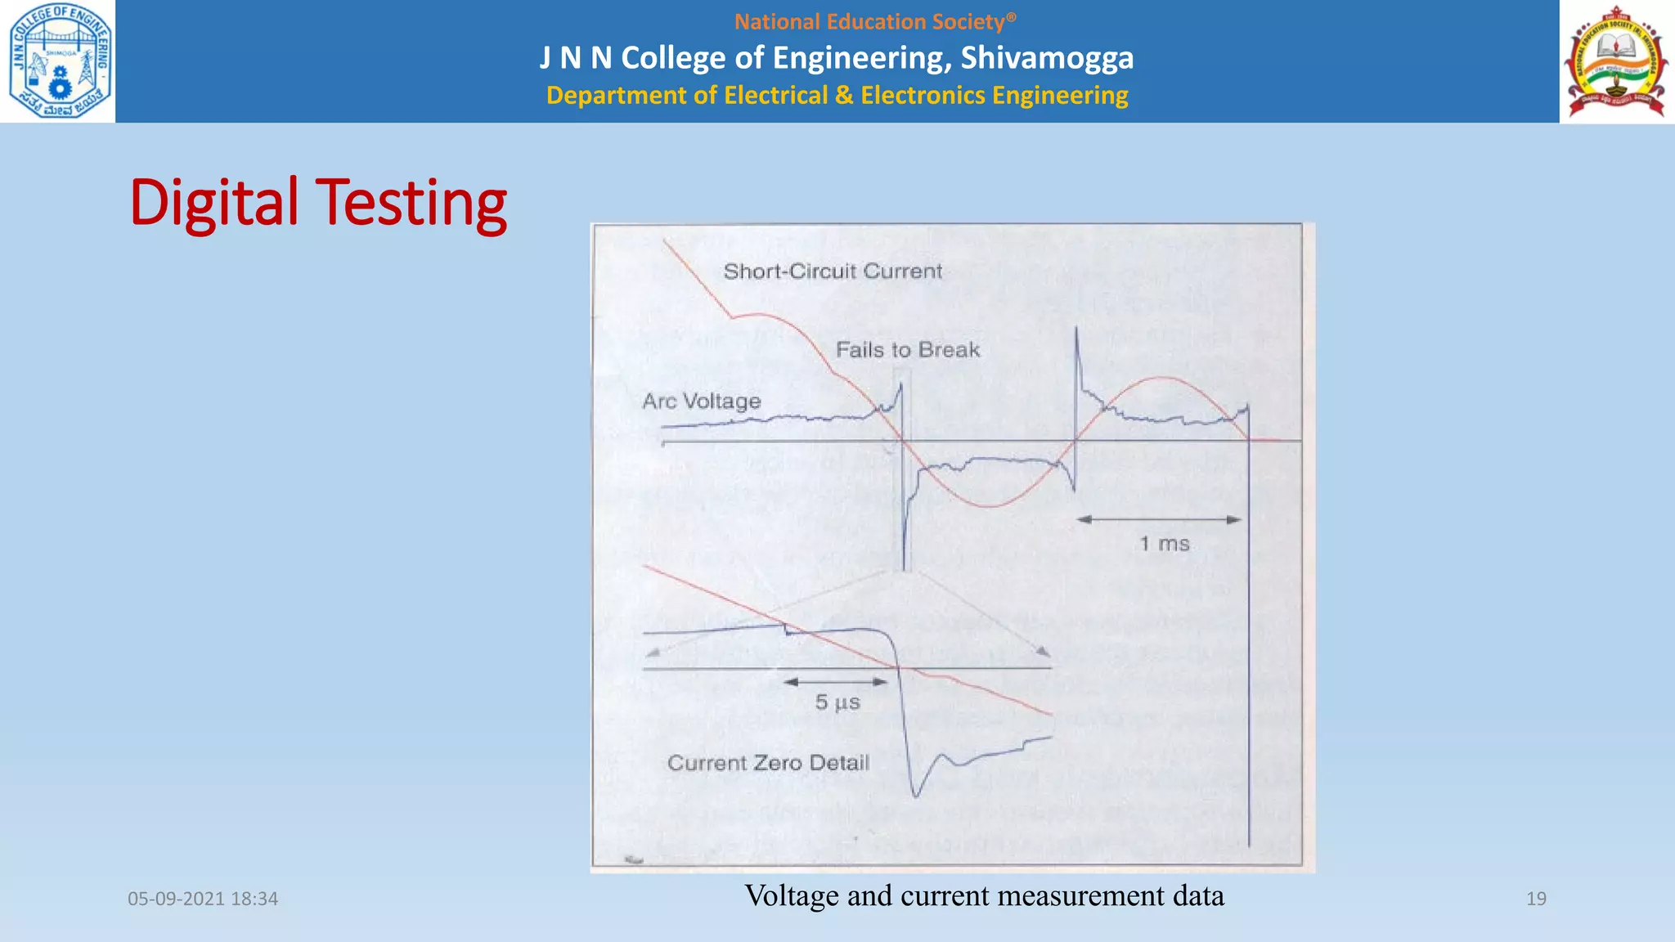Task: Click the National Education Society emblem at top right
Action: click(1616, 62)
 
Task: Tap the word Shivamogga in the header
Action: click(1047, 58)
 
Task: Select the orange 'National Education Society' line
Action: click(874, 22)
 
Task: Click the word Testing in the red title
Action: click(411, 203)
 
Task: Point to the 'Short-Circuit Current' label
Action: click(833, 271)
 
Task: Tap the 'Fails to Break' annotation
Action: click(907, 350)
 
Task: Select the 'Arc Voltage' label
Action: click(701, 401)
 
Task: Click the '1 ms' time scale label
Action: click(1164, 544)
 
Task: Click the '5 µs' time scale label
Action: click(837, 702)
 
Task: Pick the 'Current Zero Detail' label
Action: click(768, 763)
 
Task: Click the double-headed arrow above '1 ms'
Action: click(1159, 519)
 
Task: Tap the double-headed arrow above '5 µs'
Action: click(836, 681)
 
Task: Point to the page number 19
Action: click(1536, 899)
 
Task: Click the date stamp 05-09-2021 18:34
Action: click(203, 899)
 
